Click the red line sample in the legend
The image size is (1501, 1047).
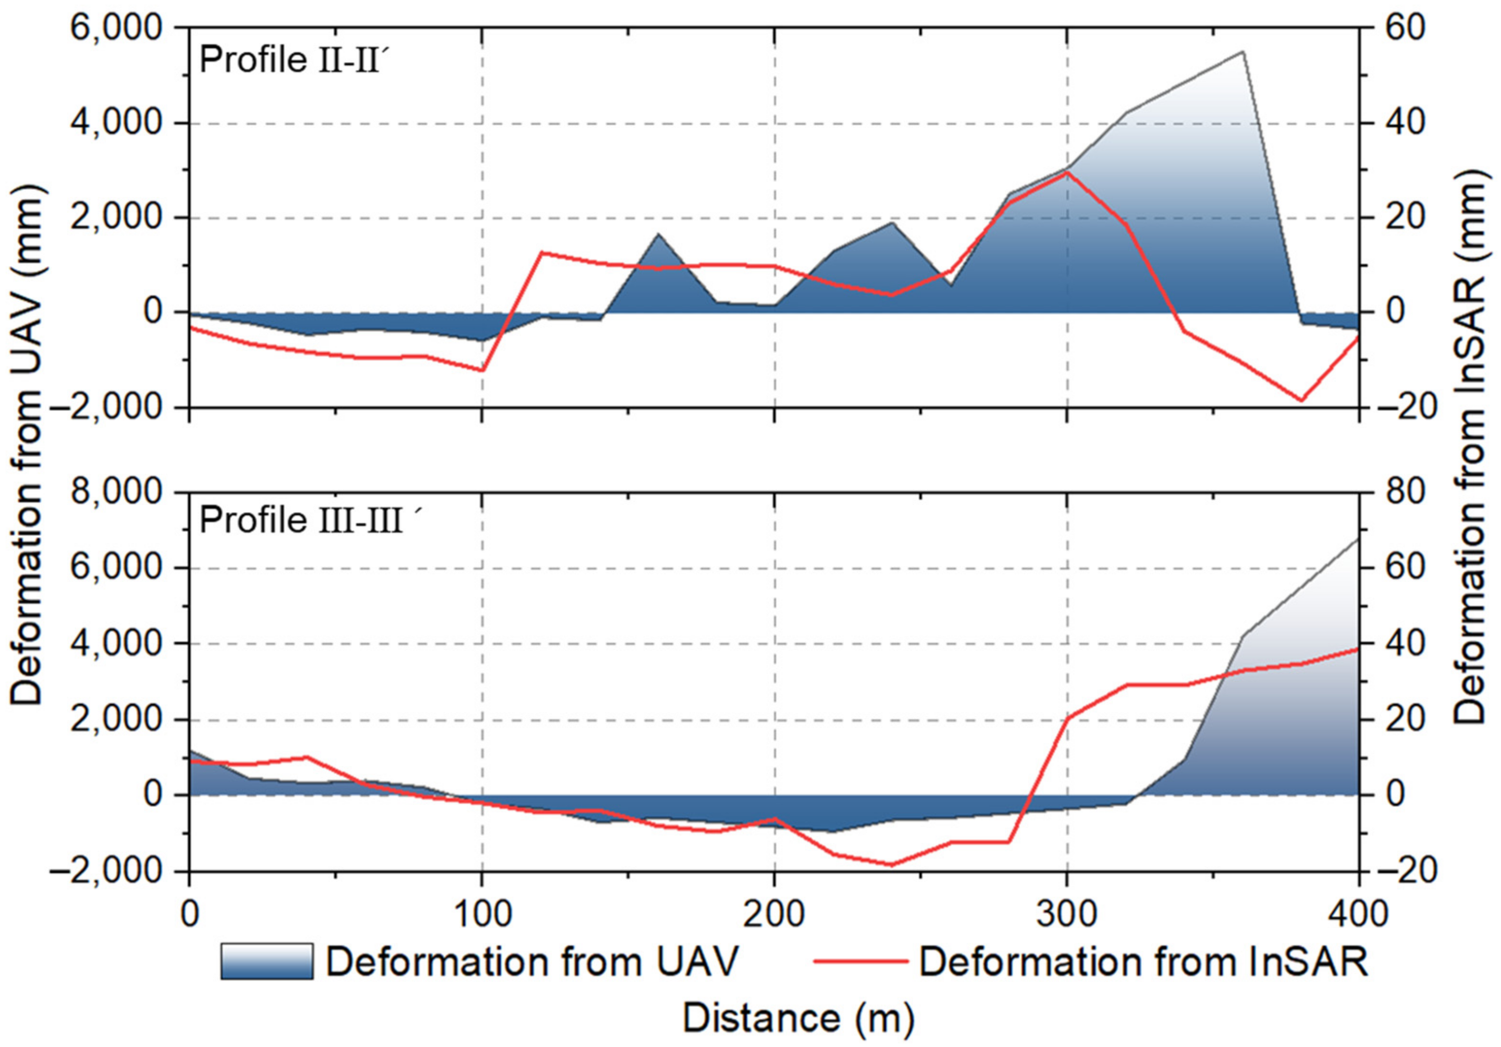coord(861,961)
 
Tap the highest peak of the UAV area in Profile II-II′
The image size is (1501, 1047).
coord(1242,51)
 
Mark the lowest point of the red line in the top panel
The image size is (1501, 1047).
coord(1301,400)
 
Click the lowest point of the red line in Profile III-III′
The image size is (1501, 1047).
coord(892,864)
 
